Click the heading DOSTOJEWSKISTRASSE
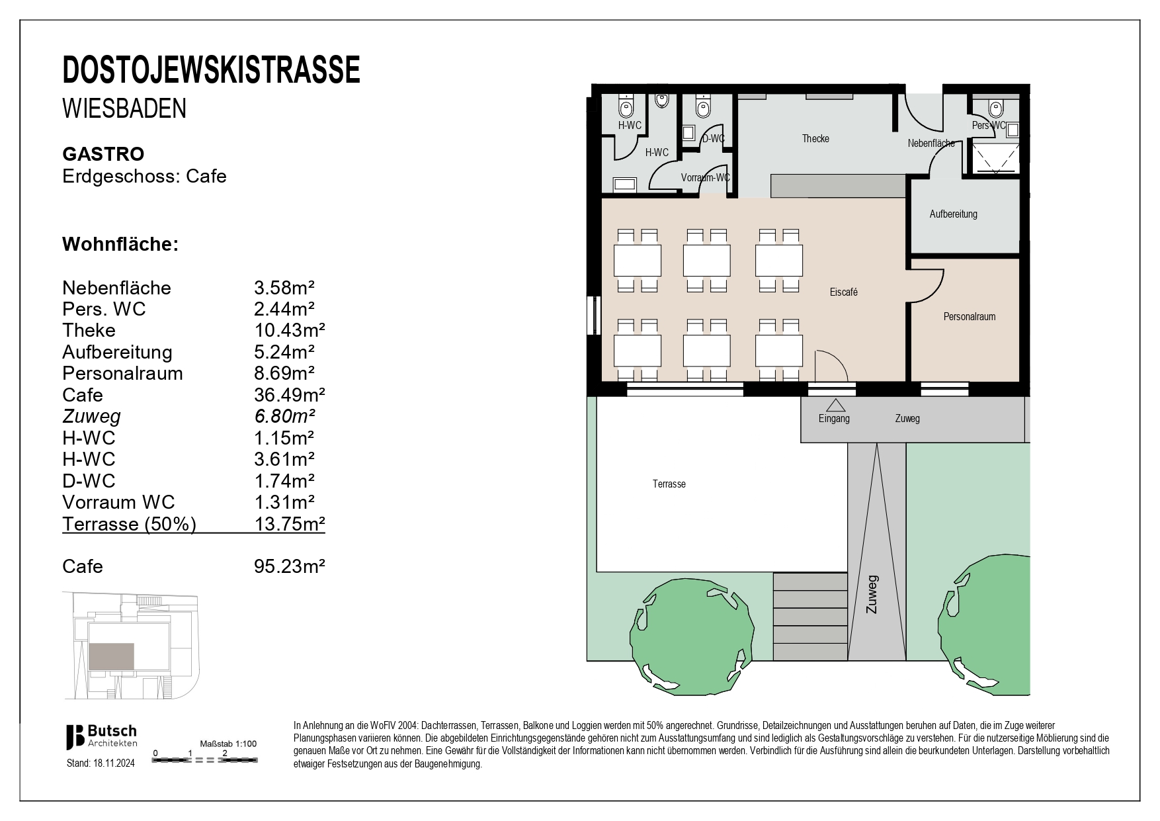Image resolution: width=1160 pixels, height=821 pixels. (x=211, y=70)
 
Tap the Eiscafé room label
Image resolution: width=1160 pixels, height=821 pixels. (x=843, y=292)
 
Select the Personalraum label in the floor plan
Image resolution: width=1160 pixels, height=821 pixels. (x=969, y=317)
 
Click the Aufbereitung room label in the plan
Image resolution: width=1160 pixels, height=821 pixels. (x=953, y=214)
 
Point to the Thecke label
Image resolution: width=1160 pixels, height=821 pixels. (x=815, y=139)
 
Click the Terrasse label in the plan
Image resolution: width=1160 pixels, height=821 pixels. (x=669, y=484)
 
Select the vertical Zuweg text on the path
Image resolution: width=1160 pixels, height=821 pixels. (x=872, y=593)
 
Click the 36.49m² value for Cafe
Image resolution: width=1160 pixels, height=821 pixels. (x=289, y=395)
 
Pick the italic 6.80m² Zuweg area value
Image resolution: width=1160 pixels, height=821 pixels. (x=284, y=416)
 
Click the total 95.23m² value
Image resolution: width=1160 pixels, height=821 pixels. (x=289, y=566)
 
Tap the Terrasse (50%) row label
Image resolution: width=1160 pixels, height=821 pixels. (x=129, y=524)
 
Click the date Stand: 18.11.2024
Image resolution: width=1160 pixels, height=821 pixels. (x=101, y=763)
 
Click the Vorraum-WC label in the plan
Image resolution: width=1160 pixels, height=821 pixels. (x=705, y=178)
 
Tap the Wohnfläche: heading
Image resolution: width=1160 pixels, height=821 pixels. (x=120, y=244)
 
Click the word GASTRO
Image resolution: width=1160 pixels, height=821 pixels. (x=103, y=154)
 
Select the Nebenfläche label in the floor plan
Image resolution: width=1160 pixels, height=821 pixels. (x=931, y=144)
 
